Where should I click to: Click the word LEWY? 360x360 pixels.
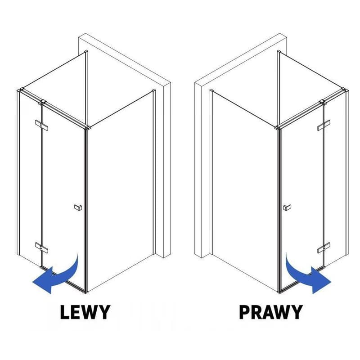tap(85, 312)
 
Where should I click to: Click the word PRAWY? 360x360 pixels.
tap(271, 312)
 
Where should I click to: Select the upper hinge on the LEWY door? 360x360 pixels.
tap(41, 125)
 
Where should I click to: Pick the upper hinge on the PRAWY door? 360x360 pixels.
tap(324, 125)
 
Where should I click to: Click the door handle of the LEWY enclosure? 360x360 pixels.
tap(78, 207)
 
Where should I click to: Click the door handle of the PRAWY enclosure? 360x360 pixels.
tap(287, 207)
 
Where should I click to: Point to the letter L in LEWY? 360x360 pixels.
tap(65, 312)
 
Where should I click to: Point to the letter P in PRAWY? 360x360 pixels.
tap(244, 312)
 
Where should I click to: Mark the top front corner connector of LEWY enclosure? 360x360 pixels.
tap(87, 127)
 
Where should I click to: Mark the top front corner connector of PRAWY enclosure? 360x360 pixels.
tap(278, 127)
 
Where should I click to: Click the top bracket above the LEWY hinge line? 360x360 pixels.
tap(42, 102)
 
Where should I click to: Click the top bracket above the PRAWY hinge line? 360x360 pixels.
tap(323, 102)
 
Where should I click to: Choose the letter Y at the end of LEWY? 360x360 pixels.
tap(105, 312)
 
